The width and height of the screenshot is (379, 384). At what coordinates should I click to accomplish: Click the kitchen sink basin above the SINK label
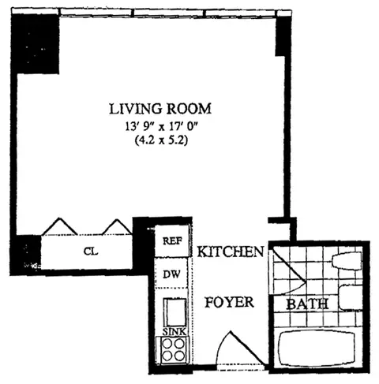click(174, 310)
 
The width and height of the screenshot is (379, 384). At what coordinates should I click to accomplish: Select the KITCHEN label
click(230, 252)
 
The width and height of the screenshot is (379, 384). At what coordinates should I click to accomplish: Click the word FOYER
click(229, 302)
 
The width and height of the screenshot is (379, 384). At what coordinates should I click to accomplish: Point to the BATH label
click(302, 304)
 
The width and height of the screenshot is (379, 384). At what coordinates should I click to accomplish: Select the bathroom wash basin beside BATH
click(347, 297)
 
